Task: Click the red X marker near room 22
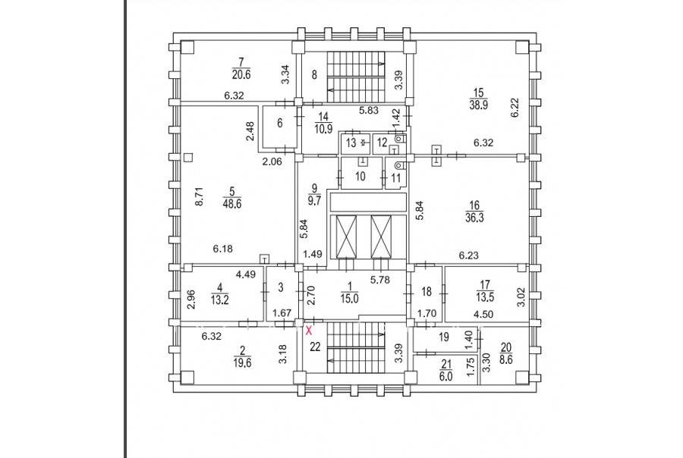coord(308,330)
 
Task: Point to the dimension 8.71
coord(200,199)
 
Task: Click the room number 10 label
coord(361,176)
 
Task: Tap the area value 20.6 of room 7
coord(241,74)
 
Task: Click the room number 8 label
coord(313,74)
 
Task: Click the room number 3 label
coord(280,287)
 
